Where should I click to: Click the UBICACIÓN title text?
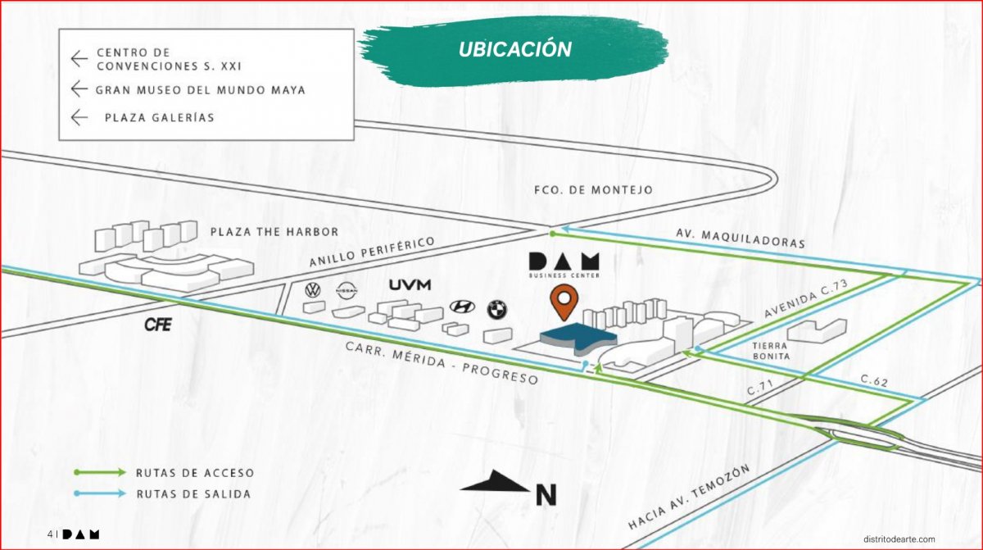click(x=514, y=49)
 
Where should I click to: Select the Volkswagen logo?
click(x=312, y=290)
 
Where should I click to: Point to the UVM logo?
click(x=410, y=285)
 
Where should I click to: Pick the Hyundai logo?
click(x=463, y=307)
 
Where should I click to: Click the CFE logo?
click(x=157, y=325)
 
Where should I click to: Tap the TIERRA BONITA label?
click(x=771, y=351)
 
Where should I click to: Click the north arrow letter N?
click(x=546, y=495)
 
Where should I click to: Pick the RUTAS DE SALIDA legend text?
click(x=194, y=493)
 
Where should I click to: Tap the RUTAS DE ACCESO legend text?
click(x=195, y=473)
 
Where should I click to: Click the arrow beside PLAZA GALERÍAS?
click(x=79, y=117)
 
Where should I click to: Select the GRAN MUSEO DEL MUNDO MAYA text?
click(x=201, y=90)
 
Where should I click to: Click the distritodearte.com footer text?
click(x=899, y=538)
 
